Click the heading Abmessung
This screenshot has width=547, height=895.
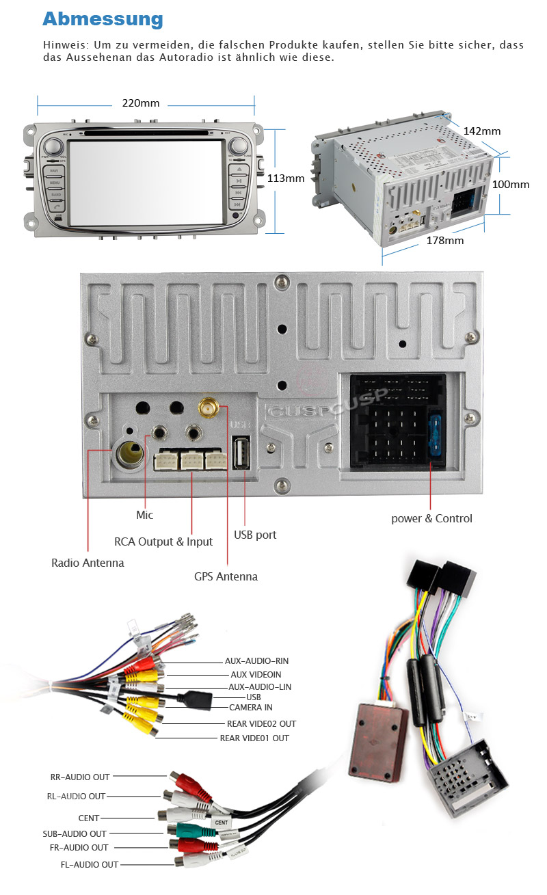point(103,18)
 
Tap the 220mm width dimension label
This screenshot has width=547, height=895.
point(141,103)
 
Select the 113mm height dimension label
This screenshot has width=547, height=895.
point(285,178)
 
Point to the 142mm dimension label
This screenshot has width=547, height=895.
point(481,131)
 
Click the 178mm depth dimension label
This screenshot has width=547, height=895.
point(444,240)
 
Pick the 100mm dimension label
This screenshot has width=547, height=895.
point(511,184)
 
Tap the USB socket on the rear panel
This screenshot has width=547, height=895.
point(241,453)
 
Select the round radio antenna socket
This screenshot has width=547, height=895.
point(130,452)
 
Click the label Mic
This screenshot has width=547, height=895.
point(144,515)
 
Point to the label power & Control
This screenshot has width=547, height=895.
point(431,518)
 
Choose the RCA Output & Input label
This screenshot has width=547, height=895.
point(163,542)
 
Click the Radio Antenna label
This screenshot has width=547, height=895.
point(88,563)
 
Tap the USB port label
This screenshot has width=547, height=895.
point(255,535)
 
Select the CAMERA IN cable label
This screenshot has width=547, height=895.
point(250,707)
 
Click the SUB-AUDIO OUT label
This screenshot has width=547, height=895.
point(75,833)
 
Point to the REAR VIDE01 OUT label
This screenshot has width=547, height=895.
point(254,738)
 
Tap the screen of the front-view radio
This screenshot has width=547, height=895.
point(147,181)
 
